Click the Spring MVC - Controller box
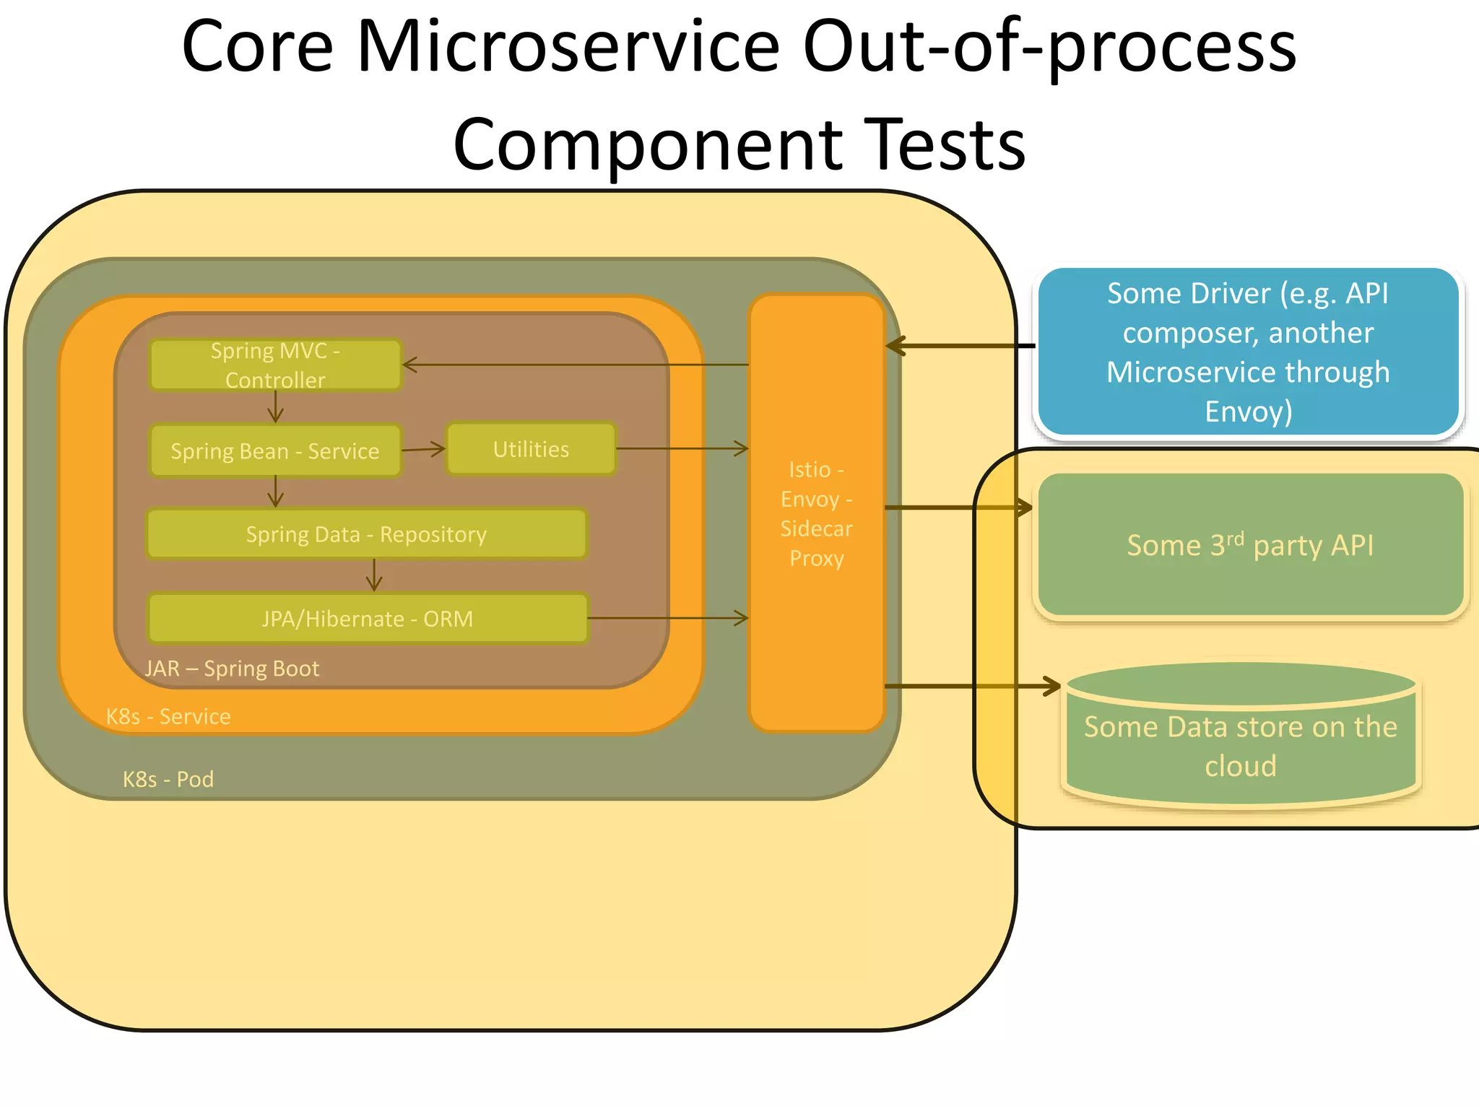tap(274, 365)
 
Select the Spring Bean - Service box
tap(274, 451)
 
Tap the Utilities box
tap(531, 449)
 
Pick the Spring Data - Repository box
tap(366, 534)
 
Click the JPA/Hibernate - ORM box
tap(368, 619)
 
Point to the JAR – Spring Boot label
tap(232, 669)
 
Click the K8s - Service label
tap(168, 716)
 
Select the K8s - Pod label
tap(168, 779)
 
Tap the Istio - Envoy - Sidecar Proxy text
tap(816, 513)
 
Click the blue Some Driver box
tap(1248, 352)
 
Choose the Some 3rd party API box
tap(1249, 545)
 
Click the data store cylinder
tap(1240, 744)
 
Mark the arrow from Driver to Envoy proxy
tap(960, 346)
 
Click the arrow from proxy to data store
tap(971, 686)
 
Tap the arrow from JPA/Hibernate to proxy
tap(668, 618)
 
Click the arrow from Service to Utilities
tap(424, 449)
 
